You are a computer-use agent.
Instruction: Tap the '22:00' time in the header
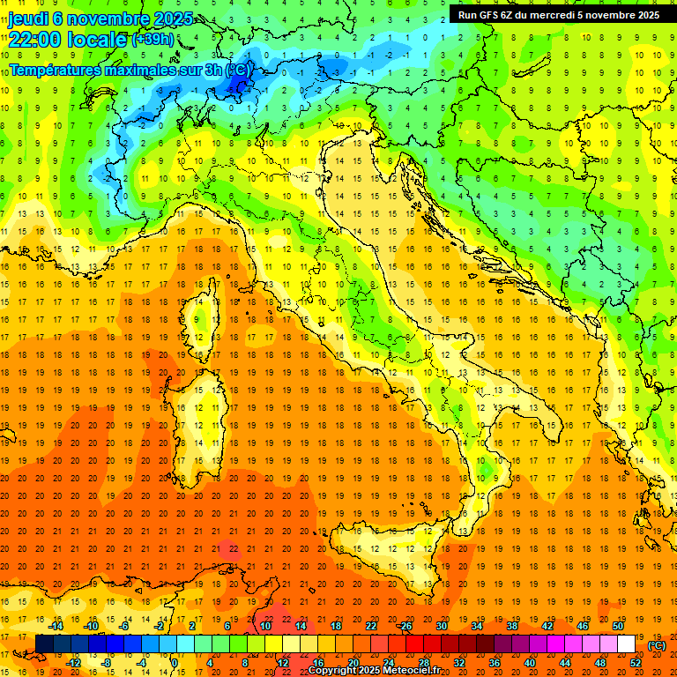[x=35, y=39]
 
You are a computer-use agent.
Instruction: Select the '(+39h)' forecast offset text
[x=153, y=40]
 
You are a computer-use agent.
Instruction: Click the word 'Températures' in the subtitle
[x=54, y=69]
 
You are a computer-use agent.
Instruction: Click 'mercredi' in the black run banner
[x=559, y=14]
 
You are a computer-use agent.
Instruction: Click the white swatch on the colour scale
[x=626, y=644]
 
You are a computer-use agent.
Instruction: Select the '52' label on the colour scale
[x=636, y=663]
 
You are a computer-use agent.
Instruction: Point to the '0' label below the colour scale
[x=175, y=663]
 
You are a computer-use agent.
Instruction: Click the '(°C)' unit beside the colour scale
[x=657, y=645]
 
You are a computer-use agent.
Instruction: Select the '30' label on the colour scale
[x=441, y=626]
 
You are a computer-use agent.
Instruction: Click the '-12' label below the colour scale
[x=74, y=663]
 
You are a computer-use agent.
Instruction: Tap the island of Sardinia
[x=203, y=414]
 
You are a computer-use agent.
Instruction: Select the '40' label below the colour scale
[x=530, y=663]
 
